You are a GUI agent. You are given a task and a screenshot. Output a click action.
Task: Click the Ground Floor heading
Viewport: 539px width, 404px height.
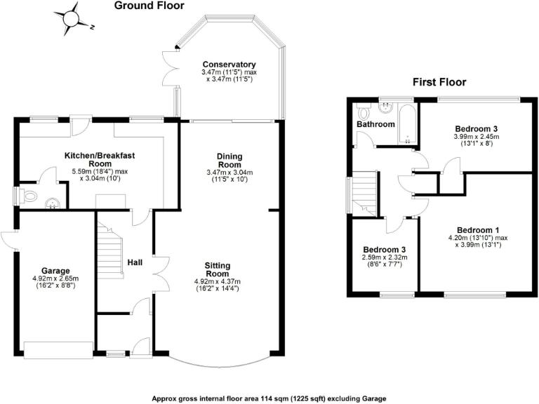point(149,6)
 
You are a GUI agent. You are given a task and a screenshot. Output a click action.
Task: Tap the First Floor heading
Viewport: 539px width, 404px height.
point(439,82)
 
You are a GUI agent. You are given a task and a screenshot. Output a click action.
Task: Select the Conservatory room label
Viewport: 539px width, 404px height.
point(227,65)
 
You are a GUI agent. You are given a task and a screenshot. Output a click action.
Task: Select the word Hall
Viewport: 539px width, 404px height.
point(136,262)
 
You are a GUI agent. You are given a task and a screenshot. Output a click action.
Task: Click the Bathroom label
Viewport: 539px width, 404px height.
point(376,124)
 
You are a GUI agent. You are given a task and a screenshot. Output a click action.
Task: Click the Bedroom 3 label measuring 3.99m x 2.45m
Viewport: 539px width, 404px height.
point(477,128)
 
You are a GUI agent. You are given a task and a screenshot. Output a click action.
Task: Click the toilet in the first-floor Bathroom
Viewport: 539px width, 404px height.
point(363,112)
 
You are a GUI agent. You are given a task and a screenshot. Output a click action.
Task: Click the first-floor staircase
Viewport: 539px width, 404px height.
point(365,192)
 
